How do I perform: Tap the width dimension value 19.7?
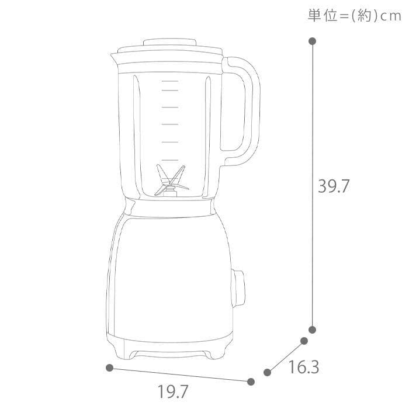pyautogui.click(x=173, y=391)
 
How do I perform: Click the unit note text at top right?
pyautogui.click(x=355, y=16)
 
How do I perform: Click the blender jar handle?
pyautogui.click(x=246, y=111)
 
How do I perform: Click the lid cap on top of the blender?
pyautogui.click(x=170, y=43)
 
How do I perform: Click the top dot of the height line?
pyautogui.click(x=313, y=41)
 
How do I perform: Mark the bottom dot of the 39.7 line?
pyautogui.click(x=313, y=330)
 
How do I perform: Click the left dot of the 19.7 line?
pyautogui.click(x=109, y=368)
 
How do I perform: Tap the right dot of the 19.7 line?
pyautogui.click(x=251, y=382)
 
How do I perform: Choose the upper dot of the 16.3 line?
pyautogui.click(x=304, y=341)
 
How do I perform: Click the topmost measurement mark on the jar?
pyautogui.click(x=169, y=91)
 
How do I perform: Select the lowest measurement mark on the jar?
pyautogui.click(x=169, y=160)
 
